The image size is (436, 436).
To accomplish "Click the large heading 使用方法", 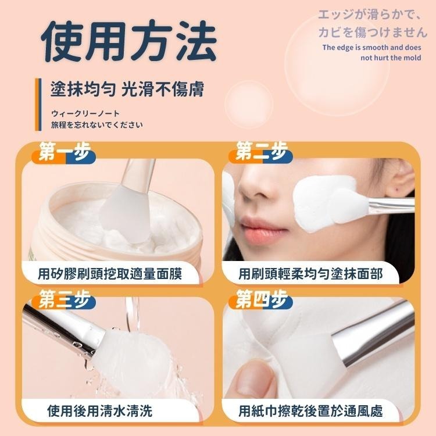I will (130, 41).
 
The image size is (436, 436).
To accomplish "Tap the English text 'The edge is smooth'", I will (370, 47).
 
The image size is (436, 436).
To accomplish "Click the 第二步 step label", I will (262, 153).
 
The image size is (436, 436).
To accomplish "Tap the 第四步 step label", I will (262, 301).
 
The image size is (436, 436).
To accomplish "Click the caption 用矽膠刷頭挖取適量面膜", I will (110, 273).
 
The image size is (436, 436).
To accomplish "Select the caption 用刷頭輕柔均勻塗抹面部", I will (311, 273).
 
